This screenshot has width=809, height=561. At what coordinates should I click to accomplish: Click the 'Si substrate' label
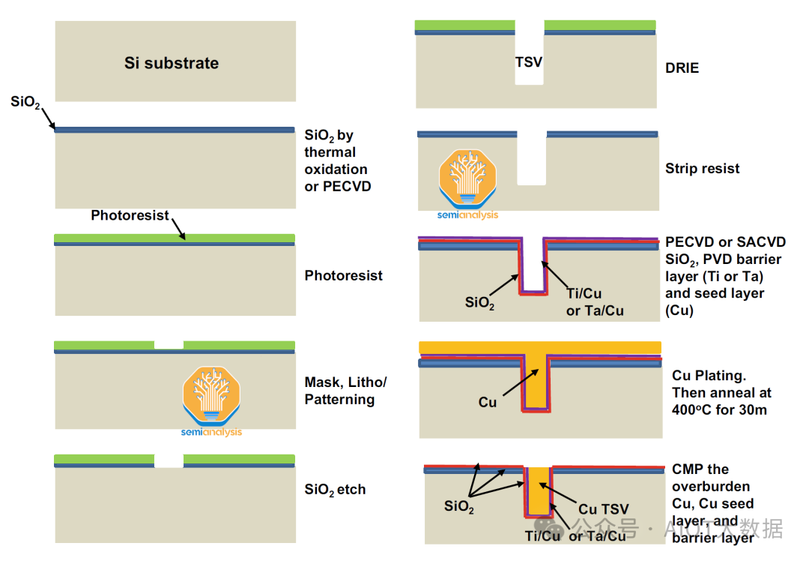click(172, 63)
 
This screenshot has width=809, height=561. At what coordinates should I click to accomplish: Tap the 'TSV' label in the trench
click(529, 62)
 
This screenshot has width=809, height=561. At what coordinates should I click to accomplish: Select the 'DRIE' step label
click(682, 68)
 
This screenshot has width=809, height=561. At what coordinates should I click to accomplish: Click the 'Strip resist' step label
click(702, 169)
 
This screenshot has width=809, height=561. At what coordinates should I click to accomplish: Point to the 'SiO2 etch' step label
click(335, 490)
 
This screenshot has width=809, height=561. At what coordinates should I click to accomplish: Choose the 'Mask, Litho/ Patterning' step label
click(345, 391)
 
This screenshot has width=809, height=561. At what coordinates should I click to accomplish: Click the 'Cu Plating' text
click(709, 375)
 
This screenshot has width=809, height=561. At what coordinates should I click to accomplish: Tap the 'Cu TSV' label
click(604, 509)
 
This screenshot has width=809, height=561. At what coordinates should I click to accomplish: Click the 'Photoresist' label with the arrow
click(130, 216)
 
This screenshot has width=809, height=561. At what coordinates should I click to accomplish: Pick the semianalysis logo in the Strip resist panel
click(467, 180)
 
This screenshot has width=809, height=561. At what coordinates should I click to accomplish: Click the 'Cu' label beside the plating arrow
click(488, 403)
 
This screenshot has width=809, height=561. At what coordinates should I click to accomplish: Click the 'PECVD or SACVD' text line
click(725, 242)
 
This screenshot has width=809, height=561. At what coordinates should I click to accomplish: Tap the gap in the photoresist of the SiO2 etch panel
click(169, 460)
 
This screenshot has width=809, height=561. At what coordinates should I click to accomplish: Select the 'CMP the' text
click(700, 469)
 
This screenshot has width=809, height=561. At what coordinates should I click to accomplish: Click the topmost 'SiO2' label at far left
click(25, 102)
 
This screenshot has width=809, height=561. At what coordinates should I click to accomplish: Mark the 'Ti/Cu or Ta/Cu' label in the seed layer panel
click(595, 302)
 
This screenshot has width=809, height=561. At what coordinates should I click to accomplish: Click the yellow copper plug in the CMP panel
click(538, 491)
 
